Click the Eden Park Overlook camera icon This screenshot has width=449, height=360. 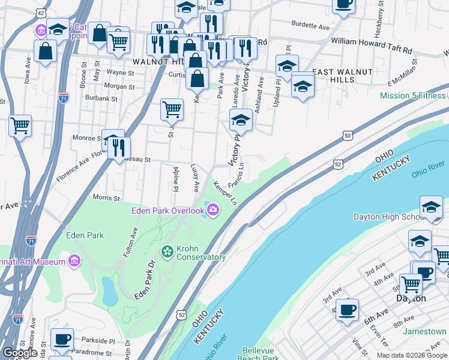[x=212, y=209]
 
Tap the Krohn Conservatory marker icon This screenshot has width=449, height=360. [x=167, y=250]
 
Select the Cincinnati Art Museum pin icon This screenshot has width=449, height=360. [x=74, y=261]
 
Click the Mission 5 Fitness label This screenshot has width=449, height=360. [x=414, y=95]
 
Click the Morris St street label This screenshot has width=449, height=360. [x=106, y=197]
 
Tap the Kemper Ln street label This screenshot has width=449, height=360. [x=224, y=193]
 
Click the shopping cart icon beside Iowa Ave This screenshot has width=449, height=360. [x=20, y=125]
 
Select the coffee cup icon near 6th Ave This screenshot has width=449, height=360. [x=347, y=310]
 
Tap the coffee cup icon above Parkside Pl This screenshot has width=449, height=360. [x=62, y=338]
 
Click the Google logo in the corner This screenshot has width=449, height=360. [x=20, y=353]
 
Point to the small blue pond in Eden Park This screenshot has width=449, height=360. [x=110, y=290]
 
